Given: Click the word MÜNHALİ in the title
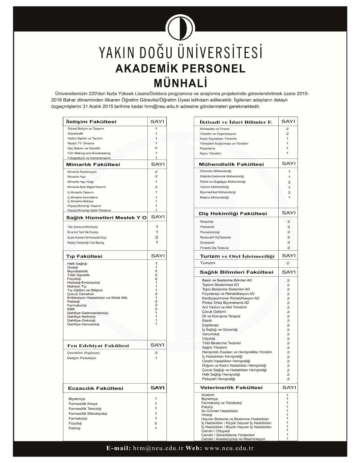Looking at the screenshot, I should coord(180,83).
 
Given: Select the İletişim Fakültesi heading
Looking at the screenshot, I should coord(91,122).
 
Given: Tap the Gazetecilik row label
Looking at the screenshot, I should coord(75,133).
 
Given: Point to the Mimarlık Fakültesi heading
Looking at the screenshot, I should coord(93,164).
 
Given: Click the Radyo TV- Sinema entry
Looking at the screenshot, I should coord(81,143).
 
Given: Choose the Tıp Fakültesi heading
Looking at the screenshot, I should coord(84,256).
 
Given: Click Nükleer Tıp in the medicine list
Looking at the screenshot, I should coord(77,286).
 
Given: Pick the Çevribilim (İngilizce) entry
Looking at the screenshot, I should coord(83,353).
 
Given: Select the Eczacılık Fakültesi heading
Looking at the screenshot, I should coord(95,388).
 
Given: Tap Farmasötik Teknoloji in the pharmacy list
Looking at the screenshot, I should coord(85,408).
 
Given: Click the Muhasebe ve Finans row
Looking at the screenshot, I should coord(215,129).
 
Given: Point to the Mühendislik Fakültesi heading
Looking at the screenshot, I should coord(231,164).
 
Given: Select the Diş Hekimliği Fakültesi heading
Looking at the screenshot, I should coord(233,213).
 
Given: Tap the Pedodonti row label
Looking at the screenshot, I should coord(207,227).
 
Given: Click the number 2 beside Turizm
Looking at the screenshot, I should coord(288,263).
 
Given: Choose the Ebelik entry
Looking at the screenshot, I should coord(207,321).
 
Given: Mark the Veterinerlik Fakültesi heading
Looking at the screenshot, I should coord(232,388).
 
